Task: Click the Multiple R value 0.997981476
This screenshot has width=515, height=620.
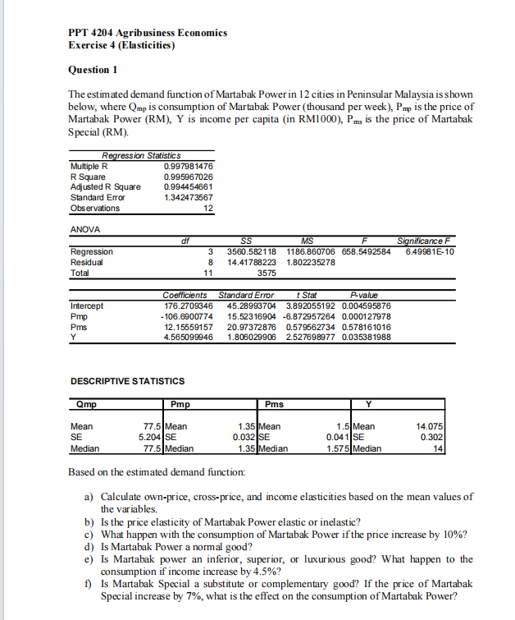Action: click(189, 166)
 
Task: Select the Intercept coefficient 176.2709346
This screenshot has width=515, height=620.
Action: click(189, 305)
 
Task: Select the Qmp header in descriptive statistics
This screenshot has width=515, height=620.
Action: click(84, 403)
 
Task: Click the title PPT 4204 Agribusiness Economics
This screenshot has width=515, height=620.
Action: click(148, 32)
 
